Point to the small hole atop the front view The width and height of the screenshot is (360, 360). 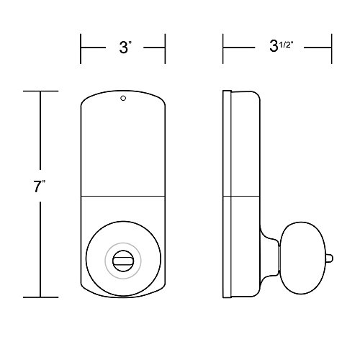(x=122, y=99)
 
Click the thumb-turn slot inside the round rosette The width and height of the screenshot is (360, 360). (x=122, y=256)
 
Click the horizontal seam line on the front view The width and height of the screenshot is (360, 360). (x=122, y=196)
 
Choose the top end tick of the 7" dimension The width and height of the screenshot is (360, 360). (x=40, y=91)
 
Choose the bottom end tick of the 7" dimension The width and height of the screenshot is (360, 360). (x=40, y=297)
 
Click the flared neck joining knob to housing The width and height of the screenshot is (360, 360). (x=271, y=256)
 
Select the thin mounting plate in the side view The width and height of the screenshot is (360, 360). (x=227, y=194)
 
